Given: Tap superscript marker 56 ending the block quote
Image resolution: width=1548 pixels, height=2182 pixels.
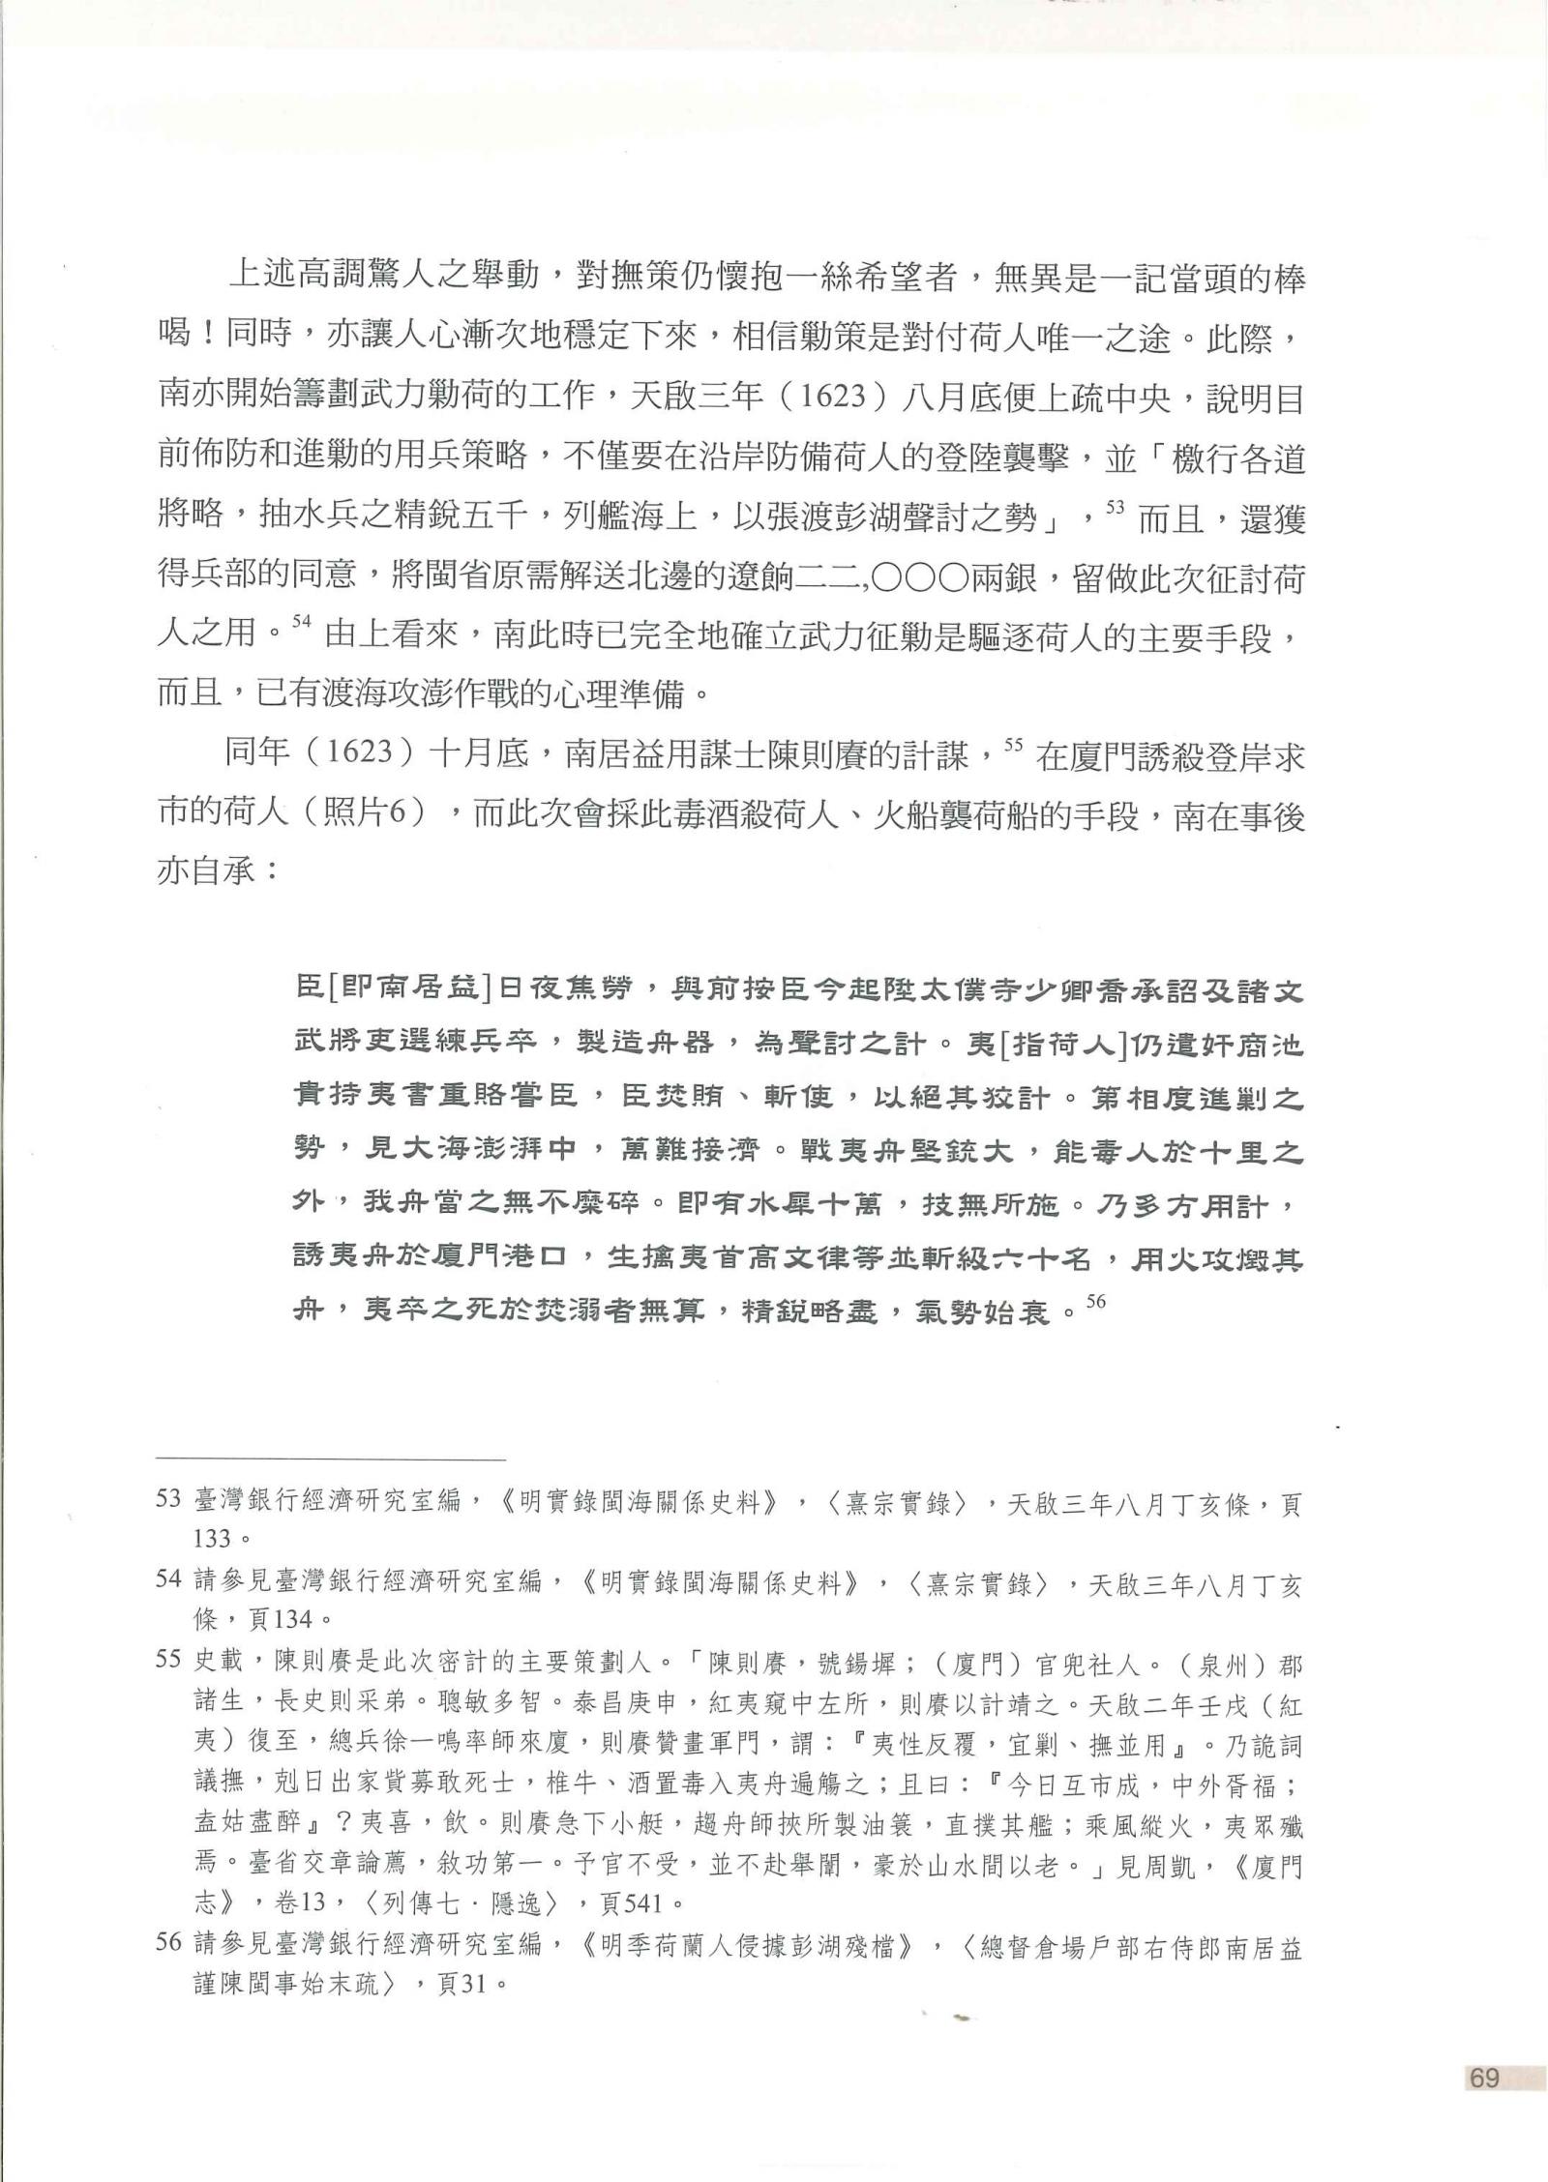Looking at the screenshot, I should (1096, 1302).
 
